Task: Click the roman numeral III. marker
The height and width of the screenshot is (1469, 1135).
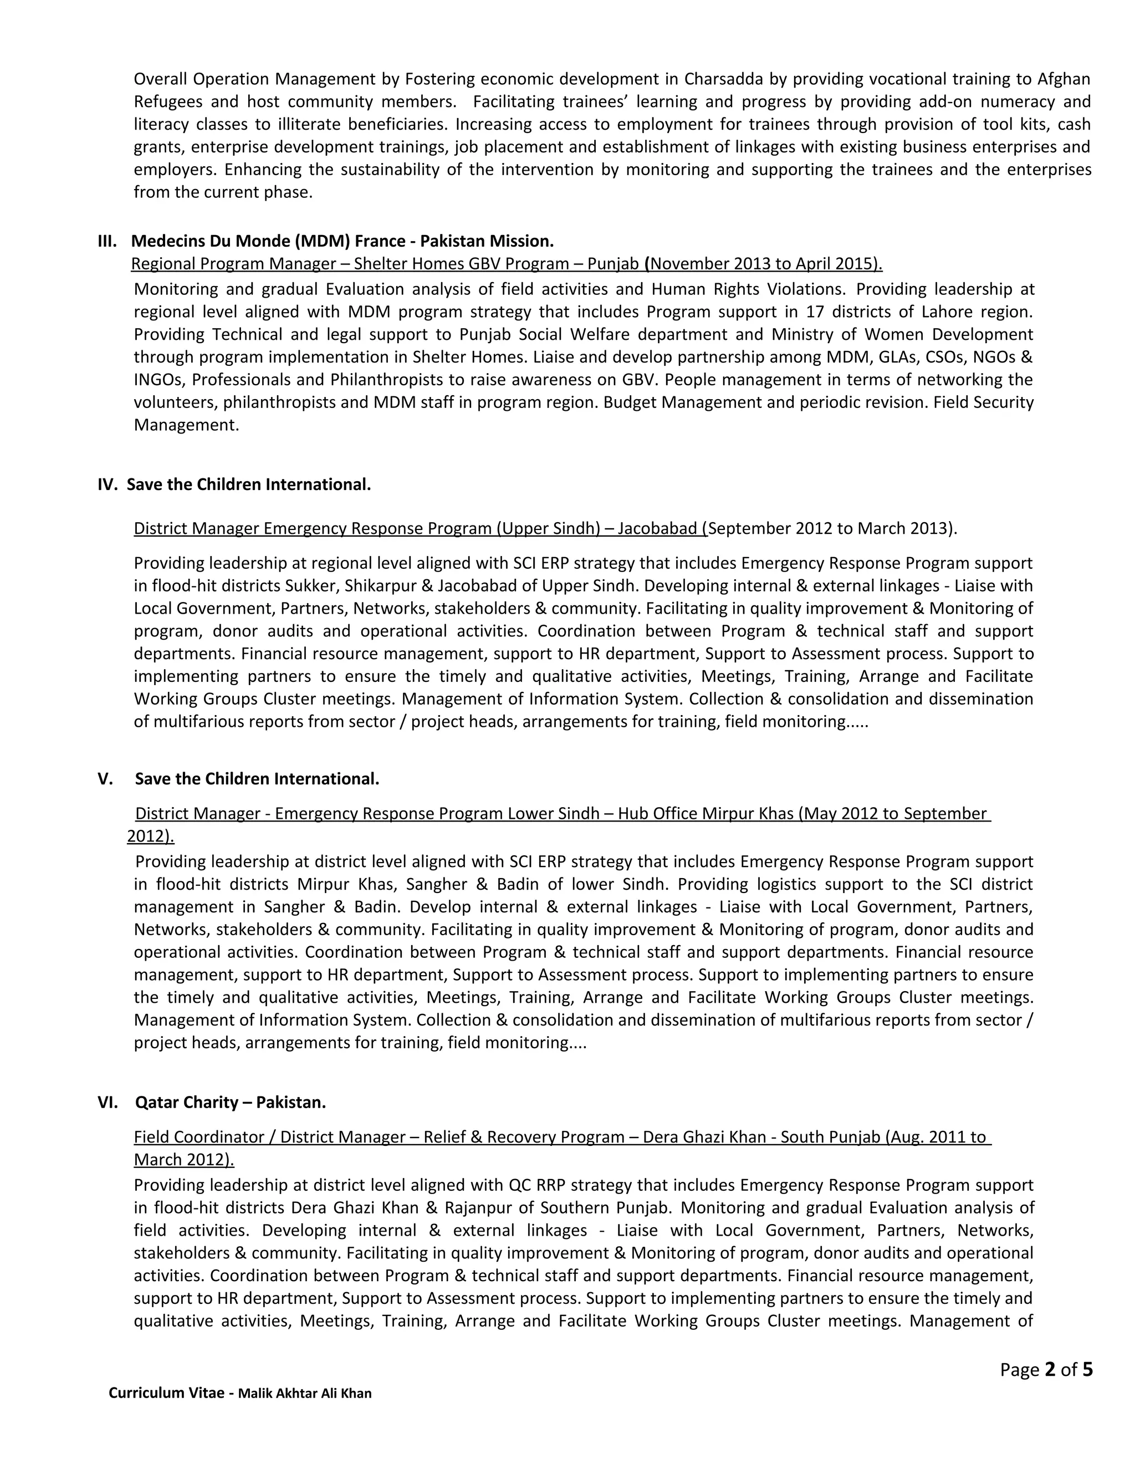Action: [107, 241]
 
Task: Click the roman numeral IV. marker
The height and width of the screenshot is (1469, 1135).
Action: [108, 484]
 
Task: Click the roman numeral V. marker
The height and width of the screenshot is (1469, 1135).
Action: [105, 779]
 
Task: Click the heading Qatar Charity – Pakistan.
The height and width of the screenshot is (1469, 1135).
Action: [230, 1103]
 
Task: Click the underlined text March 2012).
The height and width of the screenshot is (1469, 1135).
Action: [183, 1160]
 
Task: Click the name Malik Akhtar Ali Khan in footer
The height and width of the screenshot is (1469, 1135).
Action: [305, 1393]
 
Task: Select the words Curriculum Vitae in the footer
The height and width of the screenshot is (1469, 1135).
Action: [166, 1393]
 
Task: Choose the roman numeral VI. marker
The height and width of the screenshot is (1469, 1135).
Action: [108, 1103]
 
